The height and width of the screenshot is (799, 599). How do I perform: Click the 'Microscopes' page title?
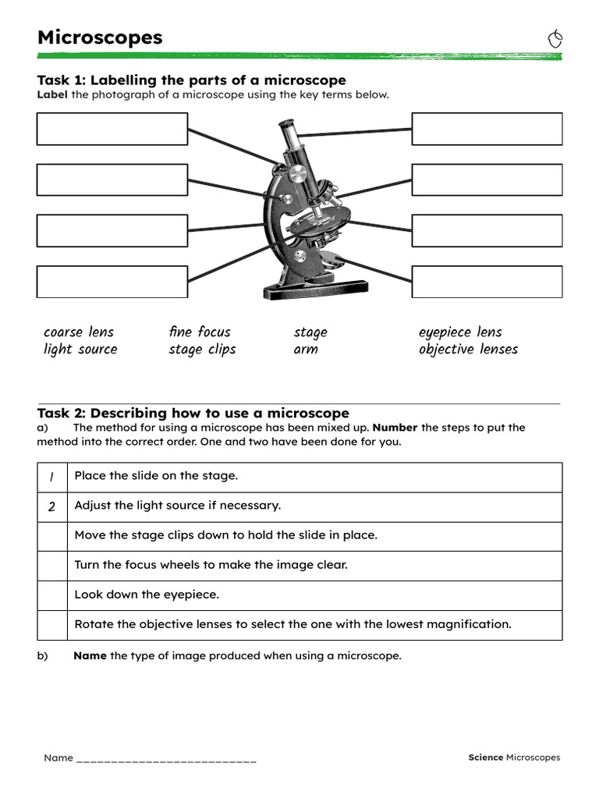point(100,37)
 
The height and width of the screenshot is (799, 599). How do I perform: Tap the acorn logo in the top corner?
point(555,39)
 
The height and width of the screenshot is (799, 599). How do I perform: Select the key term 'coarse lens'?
point(79,332)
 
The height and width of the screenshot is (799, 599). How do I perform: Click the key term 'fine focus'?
point(200,332)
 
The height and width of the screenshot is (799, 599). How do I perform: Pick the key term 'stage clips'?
point(202,350)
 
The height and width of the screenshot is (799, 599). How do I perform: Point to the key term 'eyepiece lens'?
point(460,332)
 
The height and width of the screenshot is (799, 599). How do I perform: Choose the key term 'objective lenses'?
point(468,350)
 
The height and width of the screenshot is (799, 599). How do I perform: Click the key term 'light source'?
point(80,350)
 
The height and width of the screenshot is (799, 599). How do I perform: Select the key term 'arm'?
point(306,350)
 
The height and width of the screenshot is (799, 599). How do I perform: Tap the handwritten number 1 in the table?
point(51,477)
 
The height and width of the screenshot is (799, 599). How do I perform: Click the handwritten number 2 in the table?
point(51,506)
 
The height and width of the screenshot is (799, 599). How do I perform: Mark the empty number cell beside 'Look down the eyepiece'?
point(52,595)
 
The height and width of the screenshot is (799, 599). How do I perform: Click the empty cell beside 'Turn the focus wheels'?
point(52,566)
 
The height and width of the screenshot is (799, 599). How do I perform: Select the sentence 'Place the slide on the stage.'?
point(156,476)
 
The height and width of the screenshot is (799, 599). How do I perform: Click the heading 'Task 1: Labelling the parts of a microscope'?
point(191,80)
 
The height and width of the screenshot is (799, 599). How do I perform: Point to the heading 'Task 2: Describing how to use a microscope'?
point(193,413)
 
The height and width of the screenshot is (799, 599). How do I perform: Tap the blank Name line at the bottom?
point(166,758)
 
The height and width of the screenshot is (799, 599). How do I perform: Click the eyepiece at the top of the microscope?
point(286,126)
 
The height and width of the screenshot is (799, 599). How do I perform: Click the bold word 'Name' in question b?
point(90,655)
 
